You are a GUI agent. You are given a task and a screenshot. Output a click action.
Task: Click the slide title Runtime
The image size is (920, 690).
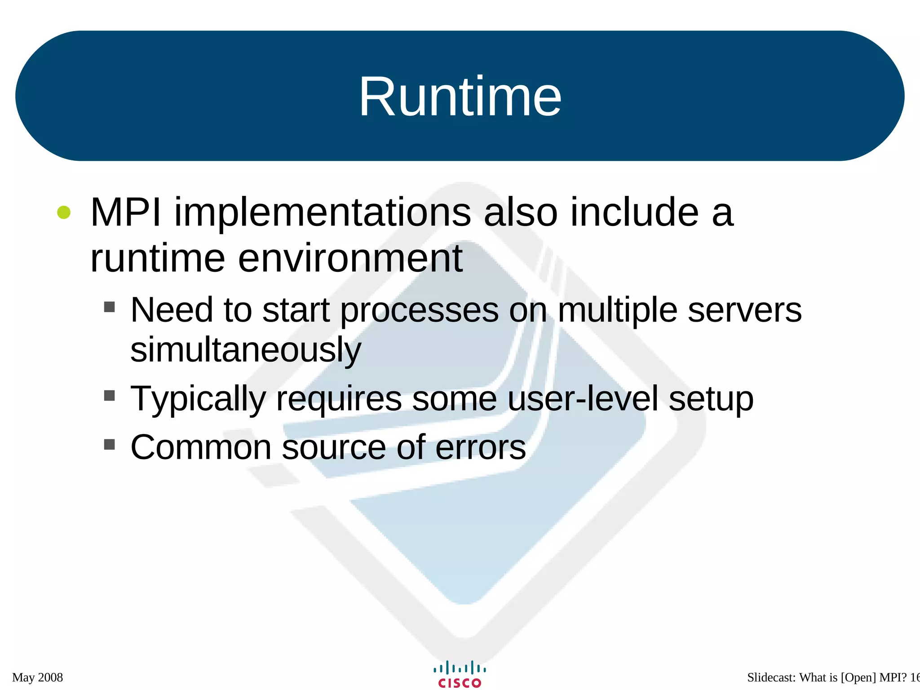tap(460, 97)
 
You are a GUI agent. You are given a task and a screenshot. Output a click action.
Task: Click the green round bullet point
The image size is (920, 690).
tap(64, 212)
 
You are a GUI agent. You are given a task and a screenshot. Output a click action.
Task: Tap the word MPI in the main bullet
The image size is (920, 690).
tap(125, 212)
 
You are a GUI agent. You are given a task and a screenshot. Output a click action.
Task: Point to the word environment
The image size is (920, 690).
tap(350, 259)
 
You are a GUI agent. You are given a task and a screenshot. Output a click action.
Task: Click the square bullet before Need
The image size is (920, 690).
tap(109, 307)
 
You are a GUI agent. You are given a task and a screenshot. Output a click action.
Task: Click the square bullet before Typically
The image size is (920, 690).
tap(109, 395)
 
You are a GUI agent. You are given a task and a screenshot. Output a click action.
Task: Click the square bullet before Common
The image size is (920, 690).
tap(109, 444)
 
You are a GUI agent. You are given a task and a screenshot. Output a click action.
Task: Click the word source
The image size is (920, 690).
tap(334, 447)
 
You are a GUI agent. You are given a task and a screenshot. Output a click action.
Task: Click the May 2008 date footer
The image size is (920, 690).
tap(38, 677)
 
